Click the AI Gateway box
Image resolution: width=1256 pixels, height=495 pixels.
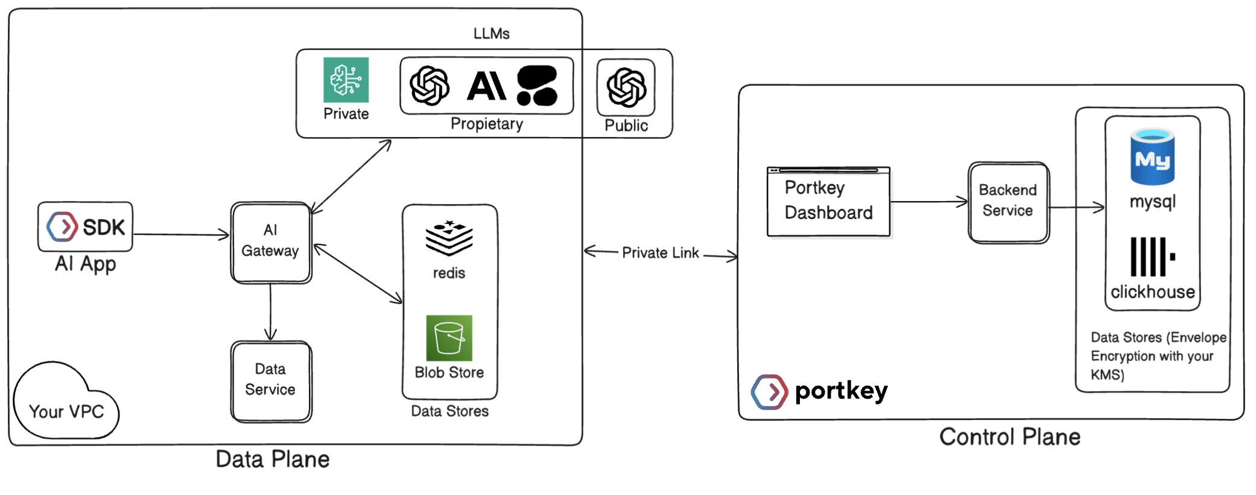[271, 242]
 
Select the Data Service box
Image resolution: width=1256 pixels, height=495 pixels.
[271, 381]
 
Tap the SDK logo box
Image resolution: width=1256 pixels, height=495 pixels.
[85, 227]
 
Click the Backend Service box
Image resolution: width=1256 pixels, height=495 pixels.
[1008, 202]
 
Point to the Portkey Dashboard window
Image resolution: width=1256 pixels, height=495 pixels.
[828, 202]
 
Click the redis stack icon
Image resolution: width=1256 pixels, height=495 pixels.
[449, 238]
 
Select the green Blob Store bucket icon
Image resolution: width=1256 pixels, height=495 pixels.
[449, 338]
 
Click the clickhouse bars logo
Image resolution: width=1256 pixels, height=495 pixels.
[1152, 257]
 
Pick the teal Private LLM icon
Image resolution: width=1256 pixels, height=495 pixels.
[346, 80]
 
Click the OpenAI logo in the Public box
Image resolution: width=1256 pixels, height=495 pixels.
[626, 87]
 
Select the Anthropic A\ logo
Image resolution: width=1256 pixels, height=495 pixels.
[486, 86]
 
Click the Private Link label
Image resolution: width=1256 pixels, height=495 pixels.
[660, 253]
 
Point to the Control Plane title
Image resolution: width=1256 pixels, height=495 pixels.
[1009, 437]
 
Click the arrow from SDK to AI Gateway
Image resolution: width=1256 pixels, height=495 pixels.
[181, 234]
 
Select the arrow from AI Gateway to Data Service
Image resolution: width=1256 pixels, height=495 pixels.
[270, 311]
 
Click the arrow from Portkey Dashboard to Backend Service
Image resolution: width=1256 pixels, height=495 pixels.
[929, 202]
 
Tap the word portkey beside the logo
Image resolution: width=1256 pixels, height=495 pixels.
[841, 391]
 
